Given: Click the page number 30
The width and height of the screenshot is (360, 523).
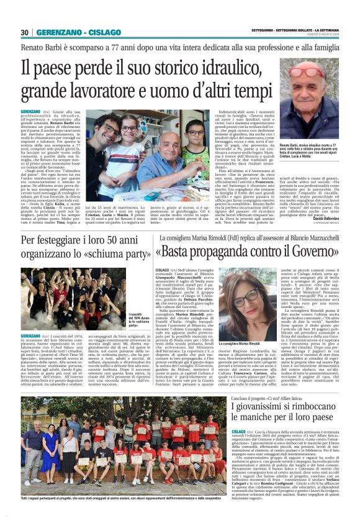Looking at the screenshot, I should click(25, 32).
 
